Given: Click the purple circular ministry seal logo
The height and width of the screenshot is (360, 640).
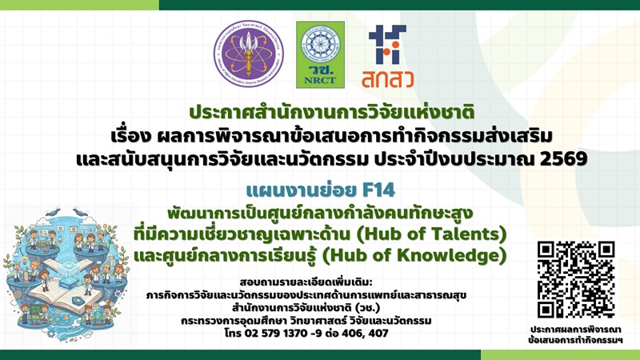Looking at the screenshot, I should click(x=248, y=54).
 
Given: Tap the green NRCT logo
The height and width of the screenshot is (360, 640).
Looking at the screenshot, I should click(x=320, y=54).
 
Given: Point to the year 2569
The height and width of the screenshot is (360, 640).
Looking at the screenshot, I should click(x=562, y=158).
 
